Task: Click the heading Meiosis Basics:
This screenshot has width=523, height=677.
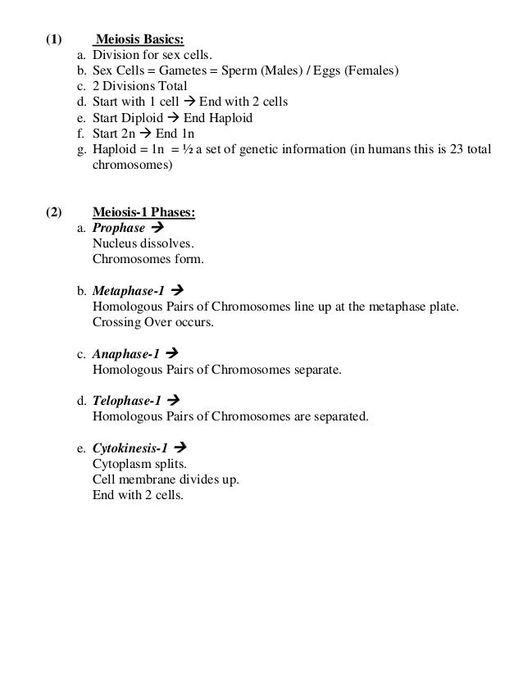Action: (141, 39)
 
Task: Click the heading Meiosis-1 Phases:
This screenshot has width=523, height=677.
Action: (143, 213)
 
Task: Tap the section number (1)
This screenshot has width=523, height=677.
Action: (52, 39)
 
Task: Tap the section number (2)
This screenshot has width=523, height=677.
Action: (52, 213)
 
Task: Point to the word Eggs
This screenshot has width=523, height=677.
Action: (325, 71)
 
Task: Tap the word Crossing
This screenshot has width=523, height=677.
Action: (117, 322)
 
